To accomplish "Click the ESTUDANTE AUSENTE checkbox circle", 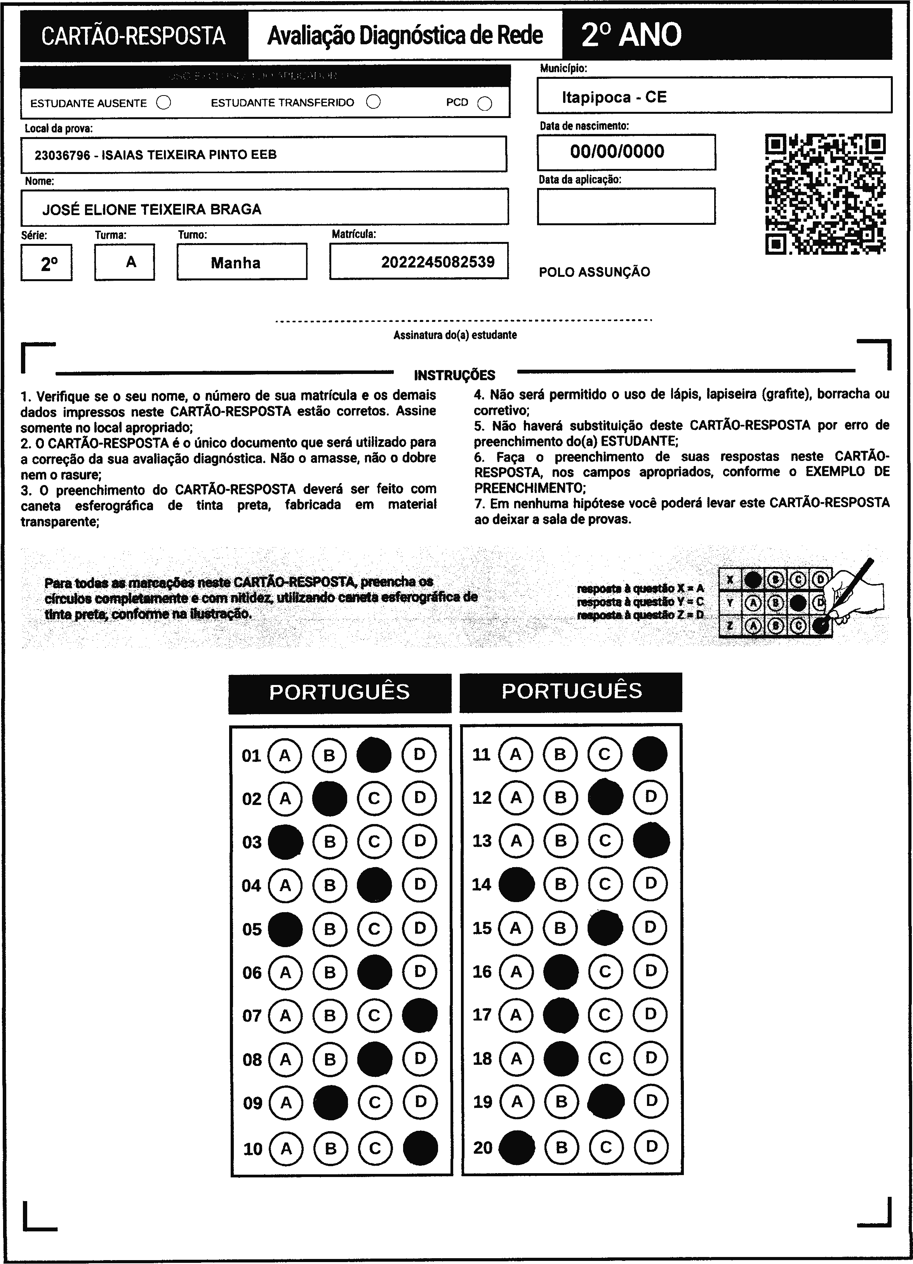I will pos(163,103).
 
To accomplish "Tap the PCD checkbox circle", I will pos(485,104).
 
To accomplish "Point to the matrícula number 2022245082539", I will pos(438,262).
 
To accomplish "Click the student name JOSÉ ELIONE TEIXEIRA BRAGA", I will pos(151,210).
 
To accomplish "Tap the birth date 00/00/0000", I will pos(617,151).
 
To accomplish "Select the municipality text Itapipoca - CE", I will pos(614,97).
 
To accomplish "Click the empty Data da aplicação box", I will pos(626,206).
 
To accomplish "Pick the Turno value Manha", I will pos(235,263).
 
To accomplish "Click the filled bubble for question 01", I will pos(374,755).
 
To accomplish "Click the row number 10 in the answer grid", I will pos(252,1149).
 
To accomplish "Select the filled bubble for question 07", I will pos(419,1015).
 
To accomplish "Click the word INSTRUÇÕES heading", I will pos(454,375).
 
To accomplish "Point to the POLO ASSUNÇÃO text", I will pos(594,272).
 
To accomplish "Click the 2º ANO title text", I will pos(631,35).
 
